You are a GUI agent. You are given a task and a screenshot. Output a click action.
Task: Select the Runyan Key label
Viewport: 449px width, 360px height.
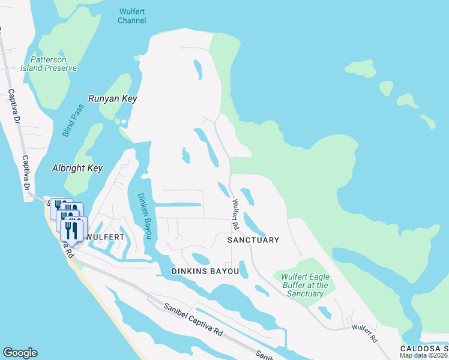(113, 98)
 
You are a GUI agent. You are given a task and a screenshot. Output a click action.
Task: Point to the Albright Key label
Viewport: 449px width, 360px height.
(77, 169)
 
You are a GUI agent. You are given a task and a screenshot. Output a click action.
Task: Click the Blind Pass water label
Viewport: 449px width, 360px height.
(73, 120)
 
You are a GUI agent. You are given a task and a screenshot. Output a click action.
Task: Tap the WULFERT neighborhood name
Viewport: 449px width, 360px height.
(105, 237)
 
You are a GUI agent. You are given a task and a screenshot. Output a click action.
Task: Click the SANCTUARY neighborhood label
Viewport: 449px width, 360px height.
(253, 240)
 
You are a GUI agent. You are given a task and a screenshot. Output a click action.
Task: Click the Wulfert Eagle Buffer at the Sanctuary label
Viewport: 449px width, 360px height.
(304, 285)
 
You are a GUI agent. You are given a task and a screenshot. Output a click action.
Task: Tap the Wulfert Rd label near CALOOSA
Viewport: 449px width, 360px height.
(364, 333)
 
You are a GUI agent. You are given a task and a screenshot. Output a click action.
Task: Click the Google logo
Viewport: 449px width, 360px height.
(20, 353)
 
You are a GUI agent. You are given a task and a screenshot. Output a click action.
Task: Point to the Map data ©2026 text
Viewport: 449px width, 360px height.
(424, 355)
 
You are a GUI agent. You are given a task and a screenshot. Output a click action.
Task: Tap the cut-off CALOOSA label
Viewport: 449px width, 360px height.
(424, 349)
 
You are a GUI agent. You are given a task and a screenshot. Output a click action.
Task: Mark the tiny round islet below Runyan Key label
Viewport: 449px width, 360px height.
(124, 122)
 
